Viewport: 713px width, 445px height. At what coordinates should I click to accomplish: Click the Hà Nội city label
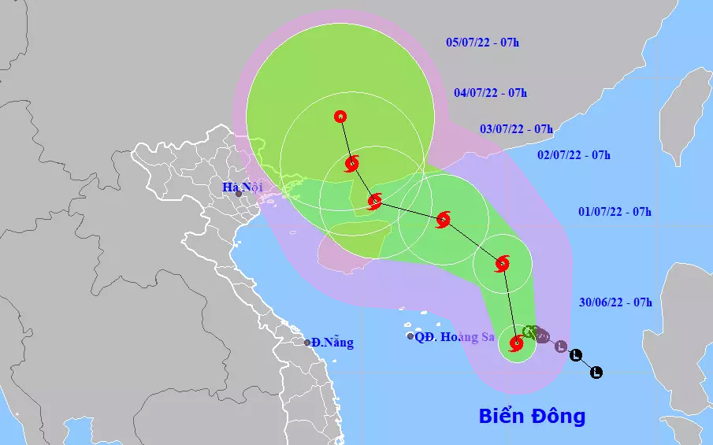(x=240, y=187)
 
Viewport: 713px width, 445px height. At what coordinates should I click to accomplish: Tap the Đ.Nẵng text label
(x=332, y=343)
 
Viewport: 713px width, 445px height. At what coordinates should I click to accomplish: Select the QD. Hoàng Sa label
(x=455, y=337)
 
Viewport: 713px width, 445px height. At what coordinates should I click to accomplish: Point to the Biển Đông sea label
(x=532, y=416)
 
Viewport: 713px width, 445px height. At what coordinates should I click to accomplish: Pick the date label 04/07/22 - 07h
(x=490, y=92)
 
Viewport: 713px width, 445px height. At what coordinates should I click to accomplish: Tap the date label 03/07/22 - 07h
(x=516, y=128)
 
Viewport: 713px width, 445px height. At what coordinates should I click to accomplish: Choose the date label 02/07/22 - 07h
(x=574, y=154)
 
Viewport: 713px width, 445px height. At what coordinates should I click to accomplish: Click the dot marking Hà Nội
(x=239, y=194)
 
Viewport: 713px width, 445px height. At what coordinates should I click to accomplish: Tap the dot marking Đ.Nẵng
(x=307, y=342)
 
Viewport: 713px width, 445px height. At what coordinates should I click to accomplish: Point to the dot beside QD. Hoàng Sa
(x=410, y=336)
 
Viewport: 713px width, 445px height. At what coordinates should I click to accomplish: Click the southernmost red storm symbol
(x=516, y=343)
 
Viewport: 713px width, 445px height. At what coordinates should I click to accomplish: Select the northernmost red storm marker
(x=340, y=117)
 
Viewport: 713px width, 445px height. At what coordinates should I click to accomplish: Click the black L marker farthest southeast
(x=596, y=372)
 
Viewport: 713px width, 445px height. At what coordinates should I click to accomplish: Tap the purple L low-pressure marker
(x=560, y=346)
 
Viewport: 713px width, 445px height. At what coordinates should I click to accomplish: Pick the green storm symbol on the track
(x=530, y=332)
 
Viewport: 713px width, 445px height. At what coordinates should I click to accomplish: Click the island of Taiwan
(x=684, y=118)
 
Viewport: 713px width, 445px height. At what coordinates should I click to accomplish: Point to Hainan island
(x=355, y=236)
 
